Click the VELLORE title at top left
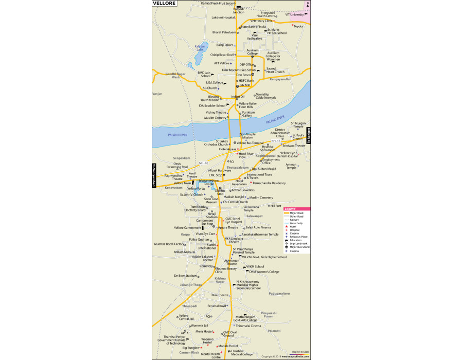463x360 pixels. (165, 4)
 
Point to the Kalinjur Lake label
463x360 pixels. (200, 48)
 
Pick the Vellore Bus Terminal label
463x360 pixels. (254, 142)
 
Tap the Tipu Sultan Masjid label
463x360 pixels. (264, 168)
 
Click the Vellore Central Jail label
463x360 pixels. (186, 317)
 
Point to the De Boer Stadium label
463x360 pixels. (186, 276)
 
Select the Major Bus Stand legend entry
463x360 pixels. (299, 247)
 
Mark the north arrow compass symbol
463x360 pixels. (308, 4)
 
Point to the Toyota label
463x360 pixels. (298, 26)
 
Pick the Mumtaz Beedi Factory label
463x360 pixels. (169, 244)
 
